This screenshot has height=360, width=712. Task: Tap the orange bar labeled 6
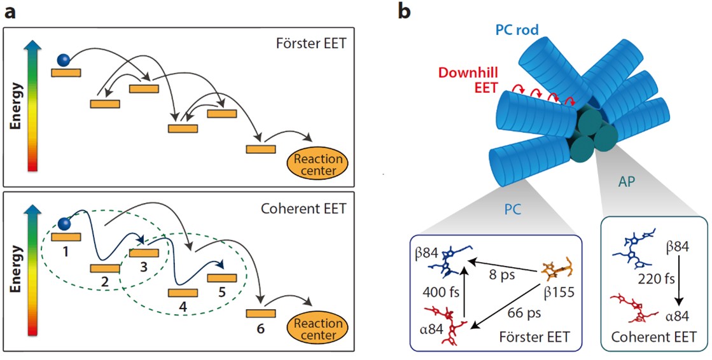261,313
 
